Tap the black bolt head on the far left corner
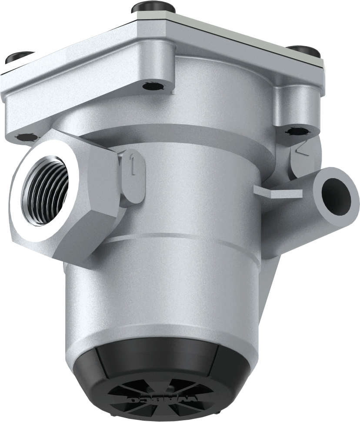(x=20, y=57)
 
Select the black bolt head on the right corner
(x=304, y=51)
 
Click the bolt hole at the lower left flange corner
(x=27, y=137)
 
